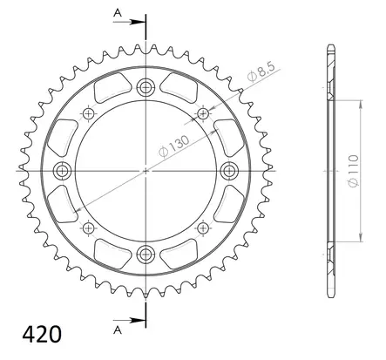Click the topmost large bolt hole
point(145,85)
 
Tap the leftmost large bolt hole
point(61,169)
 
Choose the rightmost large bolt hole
point(228,169)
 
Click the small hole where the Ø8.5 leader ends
point(204,112)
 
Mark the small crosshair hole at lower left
point(87,228)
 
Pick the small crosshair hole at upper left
point(87,112)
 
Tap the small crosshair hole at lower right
point(204,228)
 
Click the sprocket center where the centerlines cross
point(145,169)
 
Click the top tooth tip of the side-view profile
point(332,46)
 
